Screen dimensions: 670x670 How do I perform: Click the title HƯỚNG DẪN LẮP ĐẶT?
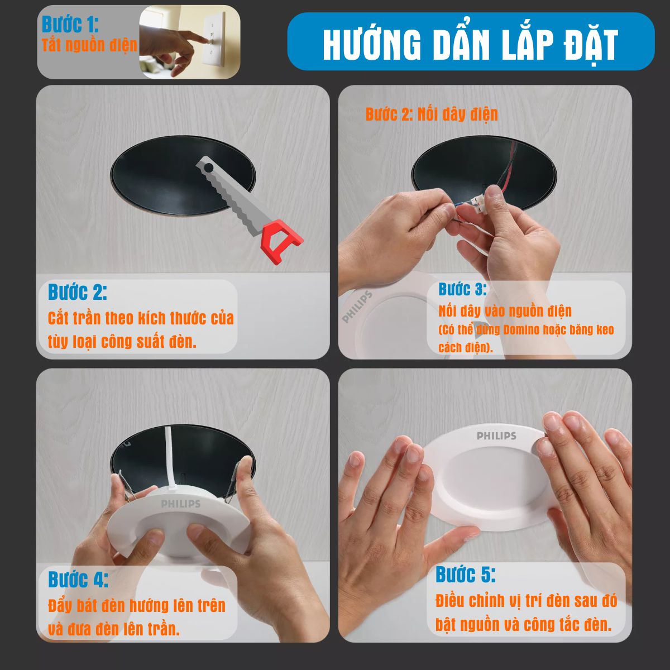pos(471,44)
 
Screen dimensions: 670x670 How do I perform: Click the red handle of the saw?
pos(281,241)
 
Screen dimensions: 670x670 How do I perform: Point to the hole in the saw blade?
pos(208,168)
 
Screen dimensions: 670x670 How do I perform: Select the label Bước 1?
pos(70,25)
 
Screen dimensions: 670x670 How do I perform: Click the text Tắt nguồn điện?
pos(90,45)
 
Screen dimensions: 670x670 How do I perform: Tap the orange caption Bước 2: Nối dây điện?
pos(432,114)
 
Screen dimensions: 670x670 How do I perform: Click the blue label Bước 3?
pos(463,289)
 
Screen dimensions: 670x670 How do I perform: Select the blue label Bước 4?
pos(78,579)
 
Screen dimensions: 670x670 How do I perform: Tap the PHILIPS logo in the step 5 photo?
pos(496,435)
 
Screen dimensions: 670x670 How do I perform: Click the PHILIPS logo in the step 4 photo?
pos(181,504)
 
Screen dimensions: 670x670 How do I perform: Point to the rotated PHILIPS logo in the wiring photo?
pos(357,307)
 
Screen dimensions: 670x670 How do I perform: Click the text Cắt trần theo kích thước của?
pos(141,318)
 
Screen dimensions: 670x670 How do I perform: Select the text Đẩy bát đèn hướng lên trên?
pos(137,606)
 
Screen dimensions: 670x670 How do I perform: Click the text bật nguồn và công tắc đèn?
pos(524,625)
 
